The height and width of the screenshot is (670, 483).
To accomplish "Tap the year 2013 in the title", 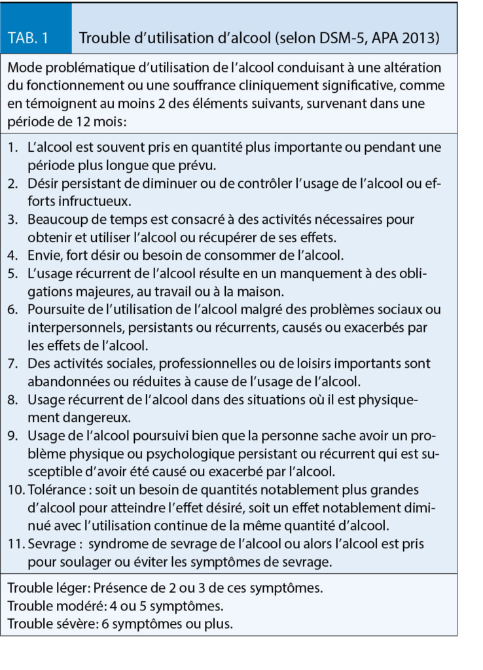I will click(x=423, y=38).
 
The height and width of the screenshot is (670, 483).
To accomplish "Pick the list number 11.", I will click(x=16, y=544).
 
